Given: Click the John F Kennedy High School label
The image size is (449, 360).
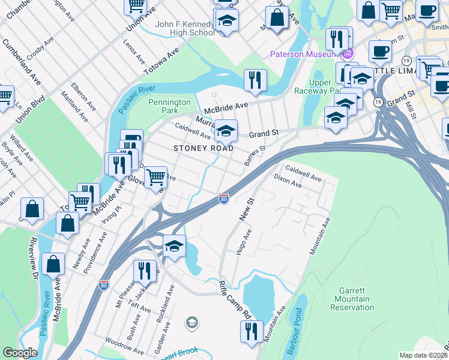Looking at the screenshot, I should click(184, 28).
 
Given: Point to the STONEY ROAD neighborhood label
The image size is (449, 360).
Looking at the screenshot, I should click(203, 148).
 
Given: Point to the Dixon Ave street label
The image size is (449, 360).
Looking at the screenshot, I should click(288, 181).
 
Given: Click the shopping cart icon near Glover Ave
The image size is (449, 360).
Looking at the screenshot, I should click(155, 177).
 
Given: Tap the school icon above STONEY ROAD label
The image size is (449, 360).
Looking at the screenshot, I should click(226, 130).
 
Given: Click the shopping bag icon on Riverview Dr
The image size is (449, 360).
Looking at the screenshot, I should click(54, 264).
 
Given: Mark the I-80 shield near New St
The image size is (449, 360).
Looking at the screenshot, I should click(223, 199).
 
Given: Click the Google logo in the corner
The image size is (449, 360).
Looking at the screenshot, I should click(20, 353).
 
